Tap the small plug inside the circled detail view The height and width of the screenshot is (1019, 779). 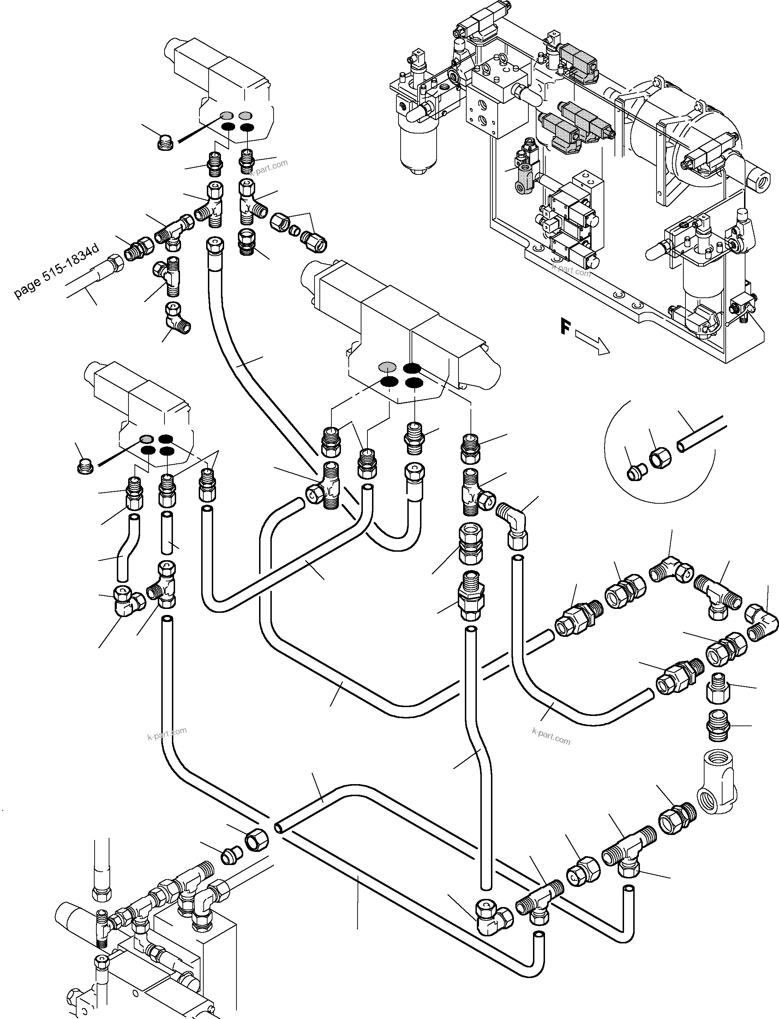634,473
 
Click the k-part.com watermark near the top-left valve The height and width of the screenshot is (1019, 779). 269,167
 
